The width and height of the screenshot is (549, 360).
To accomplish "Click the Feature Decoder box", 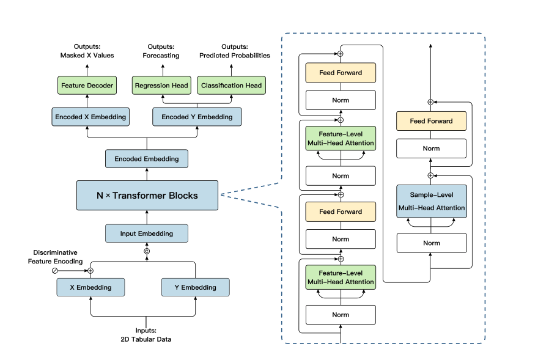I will (x=87, y=86).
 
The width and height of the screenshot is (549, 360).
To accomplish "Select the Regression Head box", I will (x=161, y=86).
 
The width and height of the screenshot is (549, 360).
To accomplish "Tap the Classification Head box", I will (x=231, y=86).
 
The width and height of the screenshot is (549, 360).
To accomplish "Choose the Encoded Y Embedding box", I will (x=196, y=117).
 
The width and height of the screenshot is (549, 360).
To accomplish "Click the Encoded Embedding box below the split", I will (x=147, y=159).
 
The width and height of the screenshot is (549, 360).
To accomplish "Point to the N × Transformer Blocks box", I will (x=147, y=196).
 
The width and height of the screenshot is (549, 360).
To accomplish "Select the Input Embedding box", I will (x=147, y=233).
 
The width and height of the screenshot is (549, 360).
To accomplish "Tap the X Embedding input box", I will (x=90, y=287).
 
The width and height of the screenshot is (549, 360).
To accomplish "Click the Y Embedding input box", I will (x=196, y=287).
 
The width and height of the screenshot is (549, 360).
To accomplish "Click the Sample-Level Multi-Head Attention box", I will (x=432, y=202).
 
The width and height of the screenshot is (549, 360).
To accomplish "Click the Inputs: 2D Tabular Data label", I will (x=146, y=334).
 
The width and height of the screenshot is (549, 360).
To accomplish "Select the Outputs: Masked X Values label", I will (x=87, y=51).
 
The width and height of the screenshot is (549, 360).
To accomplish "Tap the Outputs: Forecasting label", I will (x=161, y=51).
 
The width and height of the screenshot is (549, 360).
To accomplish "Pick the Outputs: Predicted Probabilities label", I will (x=235, y=51).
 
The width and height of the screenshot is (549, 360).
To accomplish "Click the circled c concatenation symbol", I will (x=147, y=251).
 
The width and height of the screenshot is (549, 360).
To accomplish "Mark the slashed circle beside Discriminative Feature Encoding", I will (x=54, y=270).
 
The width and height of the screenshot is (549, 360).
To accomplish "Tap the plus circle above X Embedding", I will (x=90, y=270).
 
